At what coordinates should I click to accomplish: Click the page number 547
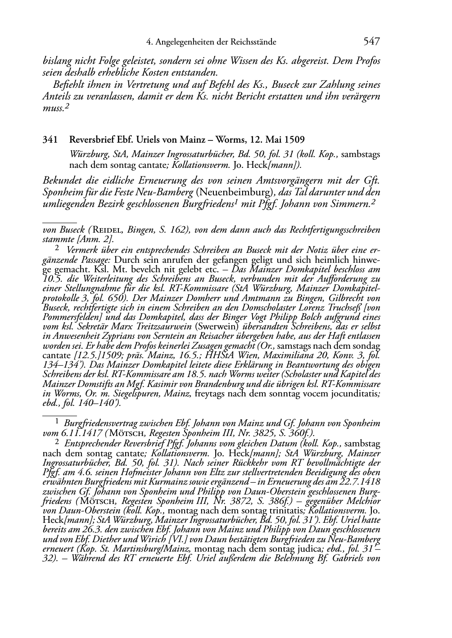[x=371, y=42]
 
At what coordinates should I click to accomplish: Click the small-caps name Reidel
[x=108, y=230]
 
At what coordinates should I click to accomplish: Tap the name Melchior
[x=363, y=501]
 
